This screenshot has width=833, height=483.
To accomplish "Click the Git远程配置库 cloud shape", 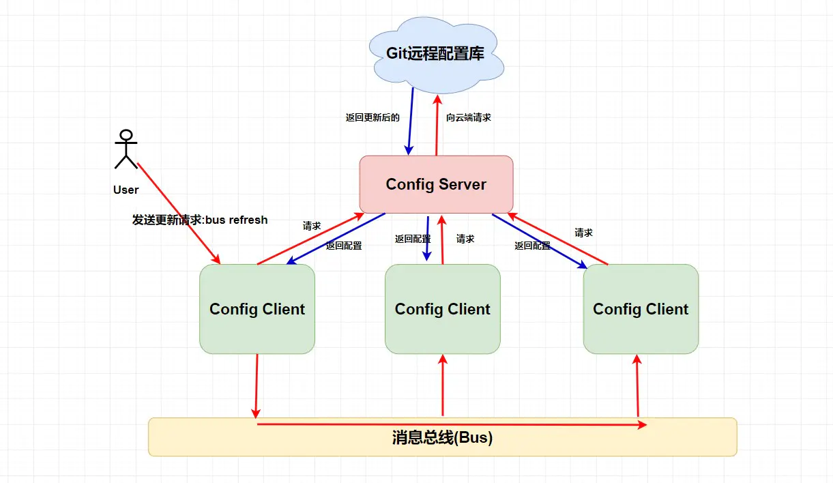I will (436, 55).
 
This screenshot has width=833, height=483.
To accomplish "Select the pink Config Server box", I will (436, 184).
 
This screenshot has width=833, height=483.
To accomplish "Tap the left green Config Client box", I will (257, 309).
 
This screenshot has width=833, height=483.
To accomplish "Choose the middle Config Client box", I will (442, 309).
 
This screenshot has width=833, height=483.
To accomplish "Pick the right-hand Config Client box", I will (641, 309).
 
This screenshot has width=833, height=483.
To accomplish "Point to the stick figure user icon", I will (126, 148).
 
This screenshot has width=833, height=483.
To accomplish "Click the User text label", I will (126, 190).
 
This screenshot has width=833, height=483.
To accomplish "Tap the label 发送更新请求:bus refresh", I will (200, 220).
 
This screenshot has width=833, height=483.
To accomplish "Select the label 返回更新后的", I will (372, 117).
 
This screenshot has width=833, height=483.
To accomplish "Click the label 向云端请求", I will (469, 117).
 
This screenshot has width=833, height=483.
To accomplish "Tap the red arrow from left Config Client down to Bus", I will (257, 385).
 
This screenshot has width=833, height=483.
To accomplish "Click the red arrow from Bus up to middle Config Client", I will (443, 385).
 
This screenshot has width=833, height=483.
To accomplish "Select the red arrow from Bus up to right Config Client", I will (637, 385).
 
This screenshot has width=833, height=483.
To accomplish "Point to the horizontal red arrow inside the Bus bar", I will (450, 424).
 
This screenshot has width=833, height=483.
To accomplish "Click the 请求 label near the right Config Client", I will (583, 233).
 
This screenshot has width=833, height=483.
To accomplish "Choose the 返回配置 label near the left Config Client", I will (344, 246).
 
